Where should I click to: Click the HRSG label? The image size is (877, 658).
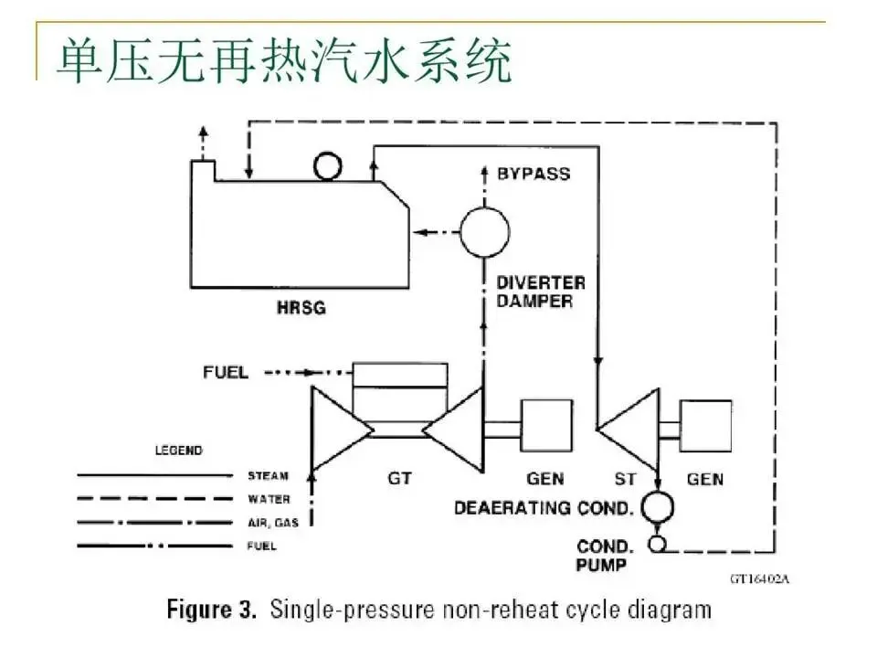(x=301, y=309)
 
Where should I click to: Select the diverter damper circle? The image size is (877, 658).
(x=483, y=231)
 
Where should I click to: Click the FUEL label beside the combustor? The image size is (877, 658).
(x=225, y=373)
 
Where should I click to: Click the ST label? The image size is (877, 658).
(x=629, y=479)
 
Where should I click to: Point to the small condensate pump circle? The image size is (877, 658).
(x=658, y=545)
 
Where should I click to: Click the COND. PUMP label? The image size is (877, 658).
(x=602, y=556)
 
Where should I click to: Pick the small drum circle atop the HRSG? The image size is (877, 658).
(x=326, y=166)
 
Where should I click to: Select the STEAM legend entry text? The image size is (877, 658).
(x=268, y=476)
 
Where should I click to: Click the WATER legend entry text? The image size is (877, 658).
(x=269, y=499)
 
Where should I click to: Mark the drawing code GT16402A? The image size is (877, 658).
(x=759, y=578)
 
